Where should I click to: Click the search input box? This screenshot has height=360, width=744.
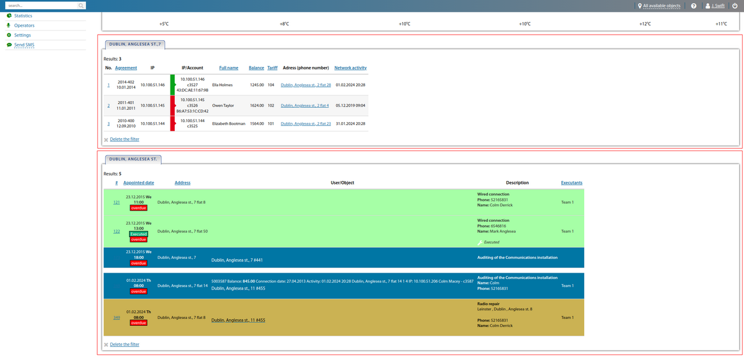click(x=40, y=6)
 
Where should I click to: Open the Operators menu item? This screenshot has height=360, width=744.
click(x=24, y=25)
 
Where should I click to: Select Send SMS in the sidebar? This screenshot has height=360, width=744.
click(x=24, y=45)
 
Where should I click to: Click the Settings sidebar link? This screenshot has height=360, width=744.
click(x=22, y=35)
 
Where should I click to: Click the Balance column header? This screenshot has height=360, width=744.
click(x=256, y=67)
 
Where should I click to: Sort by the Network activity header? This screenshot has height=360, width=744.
click(x=350, y=67)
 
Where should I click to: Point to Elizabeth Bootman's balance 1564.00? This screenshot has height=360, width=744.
click(x=257, y=124)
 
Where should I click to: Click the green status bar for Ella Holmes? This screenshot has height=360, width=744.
click(x=173, y=85)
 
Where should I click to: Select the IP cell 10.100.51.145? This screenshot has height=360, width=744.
click(x=153, y=105)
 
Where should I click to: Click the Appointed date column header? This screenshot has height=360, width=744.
click(x=138, y=183)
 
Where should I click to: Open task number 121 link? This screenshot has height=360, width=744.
click(x=117, y=202)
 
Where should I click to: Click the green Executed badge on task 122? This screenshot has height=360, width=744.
click(x=138, y=234)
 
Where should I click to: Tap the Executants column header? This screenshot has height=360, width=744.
click(x=571, y=183)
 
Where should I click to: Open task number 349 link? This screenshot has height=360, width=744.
click(x=117, y=318)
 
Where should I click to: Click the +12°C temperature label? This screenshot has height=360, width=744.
click(x=645, y=24)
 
